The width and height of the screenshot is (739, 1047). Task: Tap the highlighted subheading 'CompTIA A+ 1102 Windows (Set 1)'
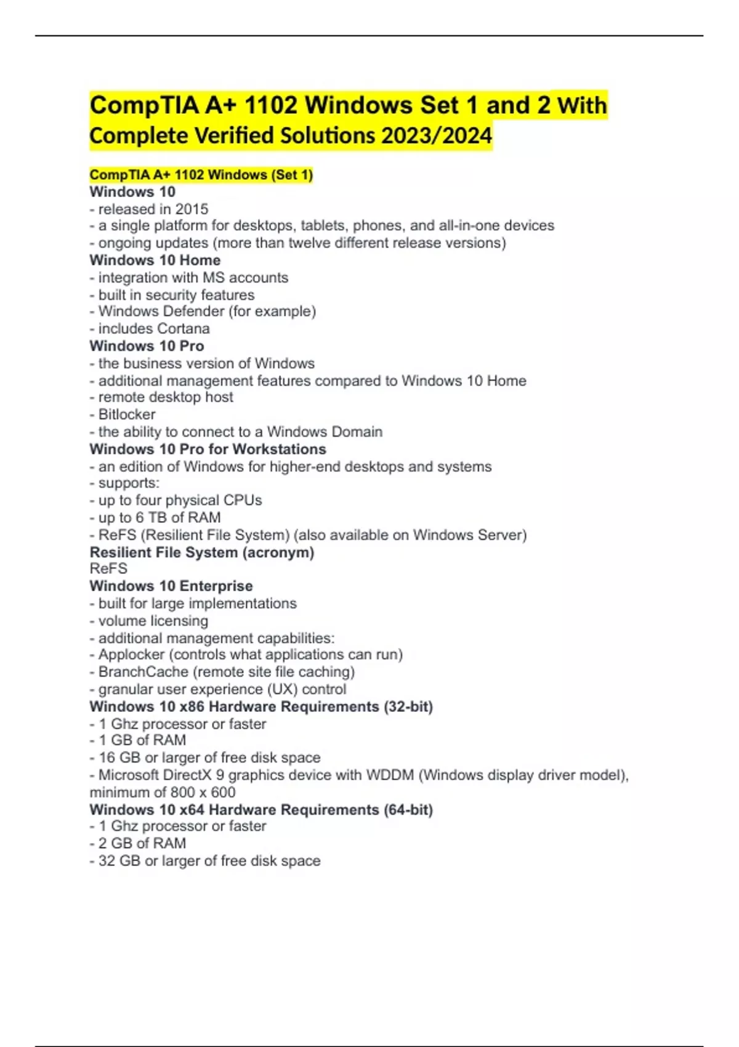pyautogui.click(x=201, y=175)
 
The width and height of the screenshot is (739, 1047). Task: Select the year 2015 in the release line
pyautogui.click(x=192, y=209)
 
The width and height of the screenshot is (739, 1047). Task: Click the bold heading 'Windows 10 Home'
pyautogui.click(x=155, y=261)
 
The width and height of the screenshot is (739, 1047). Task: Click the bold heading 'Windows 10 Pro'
pyautogui.click(x=147, y=346)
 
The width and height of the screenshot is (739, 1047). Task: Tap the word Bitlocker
pyautogui.click(x=127, y=414)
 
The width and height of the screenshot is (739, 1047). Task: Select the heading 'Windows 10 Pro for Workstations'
pyautogui.click(x=208, y=449)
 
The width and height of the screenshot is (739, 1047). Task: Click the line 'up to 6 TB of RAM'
pyautogui.click(x=159, y=518)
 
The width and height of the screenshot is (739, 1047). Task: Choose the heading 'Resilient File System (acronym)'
pyautogui.click(x=201, y=552)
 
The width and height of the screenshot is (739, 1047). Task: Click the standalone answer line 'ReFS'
pyautogui.click(x=108, y=569)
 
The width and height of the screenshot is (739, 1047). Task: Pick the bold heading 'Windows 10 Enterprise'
pyautogui.click(x=171, y=586)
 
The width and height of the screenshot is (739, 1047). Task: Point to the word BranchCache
pyautogui.click(x=143, y=672)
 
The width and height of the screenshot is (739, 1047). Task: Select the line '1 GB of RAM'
pyautogui.click(x=142, y=740)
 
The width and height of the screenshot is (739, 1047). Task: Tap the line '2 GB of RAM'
pyautogui.click(x=142, y=844)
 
